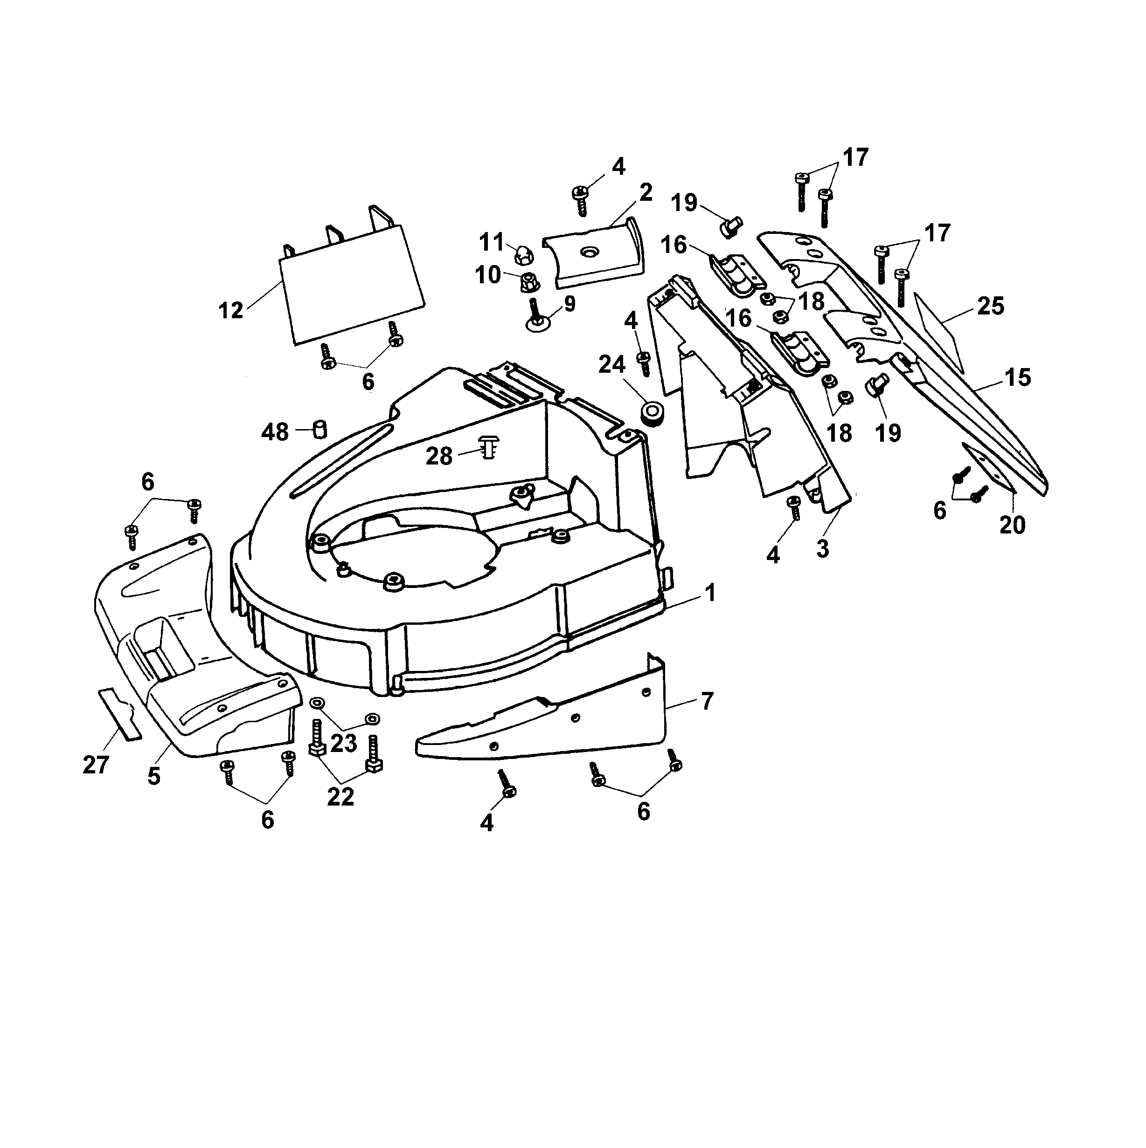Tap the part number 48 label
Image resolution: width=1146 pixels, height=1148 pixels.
275,432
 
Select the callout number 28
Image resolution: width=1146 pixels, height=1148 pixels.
439,456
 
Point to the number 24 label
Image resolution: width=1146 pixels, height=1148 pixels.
611,364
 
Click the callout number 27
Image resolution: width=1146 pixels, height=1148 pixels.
96,765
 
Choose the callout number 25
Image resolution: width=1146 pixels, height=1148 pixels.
990,306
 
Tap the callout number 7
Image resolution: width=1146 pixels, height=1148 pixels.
707,701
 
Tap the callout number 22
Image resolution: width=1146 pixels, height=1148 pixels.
340,796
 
